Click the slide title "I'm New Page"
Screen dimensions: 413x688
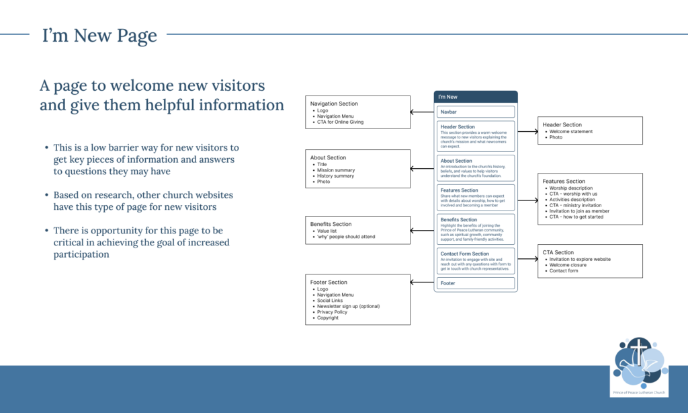99,36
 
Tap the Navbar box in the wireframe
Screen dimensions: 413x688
476,112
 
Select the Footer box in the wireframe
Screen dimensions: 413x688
476,283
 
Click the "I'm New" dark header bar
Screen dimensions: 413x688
476,97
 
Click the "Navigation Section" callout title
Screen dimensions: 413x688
334,104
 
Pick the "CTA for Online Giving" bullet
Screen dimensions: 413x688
343,122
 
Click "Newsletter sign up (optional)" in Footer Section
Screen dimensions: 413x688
348,306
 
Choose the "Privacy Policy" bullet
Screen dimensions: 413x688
333,312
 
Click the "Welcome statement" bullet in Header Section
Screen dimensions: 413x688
571,131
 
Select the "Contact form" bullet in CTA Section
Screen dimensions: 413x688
564,270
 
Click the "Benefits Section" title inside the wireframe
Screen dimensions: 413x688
459,220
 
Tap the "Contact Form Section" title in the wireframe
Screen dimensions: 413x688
465,254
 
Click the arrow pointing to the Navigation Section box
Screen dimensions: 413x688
422,112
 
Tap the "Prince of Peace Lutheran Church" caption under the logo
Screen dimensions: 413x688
639,391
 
